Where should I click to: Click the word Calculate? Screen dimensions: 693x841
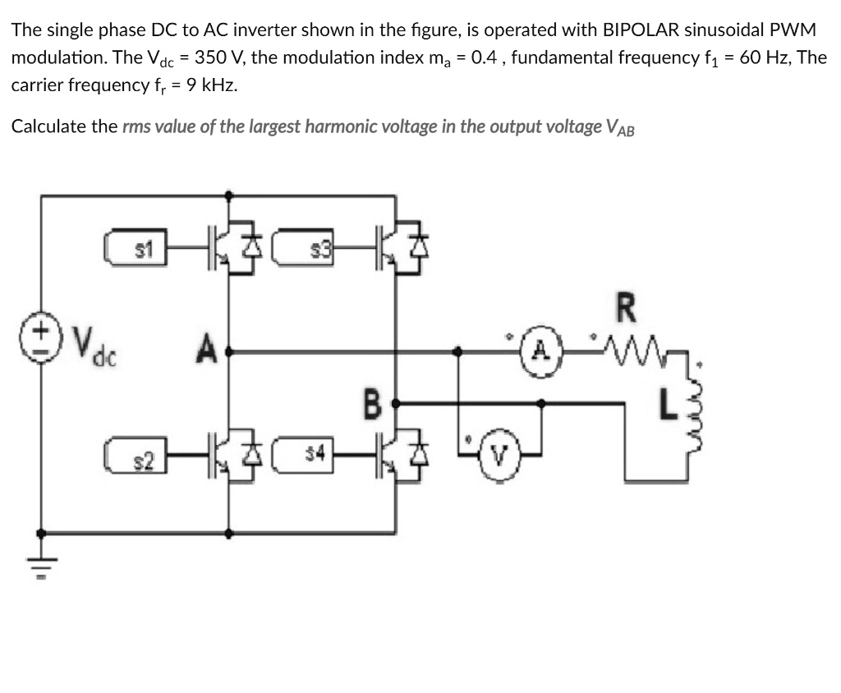(x=51, y=126)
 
